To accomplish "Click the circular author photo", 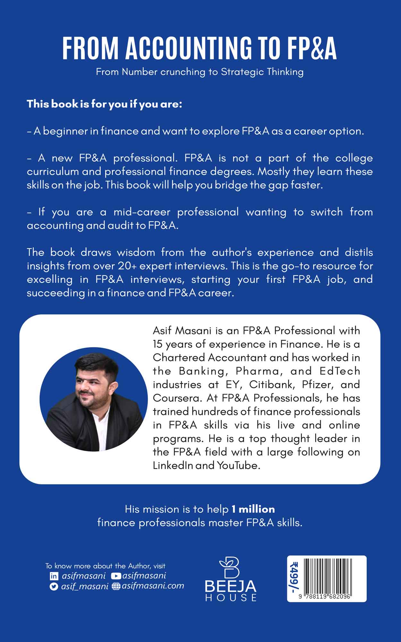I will coord(94,399).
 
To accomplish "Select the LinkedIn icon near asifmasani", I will coord(54,576).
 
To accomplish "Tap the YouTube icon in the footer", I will coord(116,576).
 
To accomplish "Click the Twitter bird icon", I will coord(54,586).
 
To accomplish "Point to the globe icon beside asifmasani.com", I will coord(116,586).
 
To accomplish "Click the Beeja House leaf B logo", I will coord(230,568).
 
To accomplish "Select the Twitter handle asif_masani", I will coord(85,586).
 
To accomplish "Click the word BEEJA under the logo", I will coord(230,586).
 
